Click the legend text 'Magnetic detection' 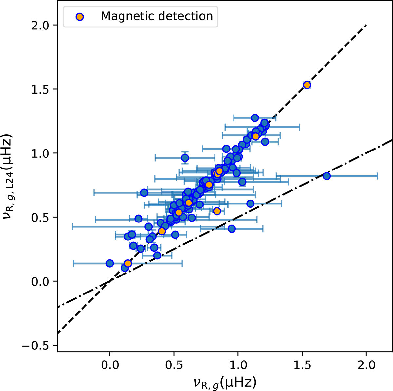click(x=157, y=16)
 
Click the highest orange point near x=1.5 click(x=307, y=85)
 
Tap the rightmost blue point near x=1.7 click(x=327, y=176)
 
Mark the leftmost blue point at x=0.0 click(x=110, y=263)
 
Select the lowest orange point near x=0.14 click(x=128, y=263)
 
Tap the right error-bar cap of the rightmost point click(x=377, y=176)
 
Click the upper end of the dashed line click(x=366, y=25)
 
